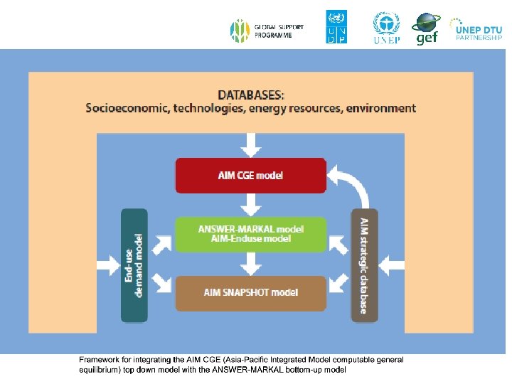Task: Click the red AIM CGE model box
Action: click(x=250, y=175)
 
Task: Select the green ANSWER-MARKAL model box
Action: click(x=250, y=234)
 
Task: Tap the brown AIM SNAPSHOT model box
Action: click(x=250, y=292)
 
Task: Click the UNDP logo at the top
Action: click(x=336, y=27)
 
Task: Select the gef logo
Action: click(x=426, y=28)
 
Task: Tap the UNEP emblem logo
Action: click(x=386, y=27)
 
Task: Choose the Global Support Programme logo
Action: click(x=267, y=31)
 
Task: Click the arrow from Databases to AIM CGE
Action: click(x=250, y=144)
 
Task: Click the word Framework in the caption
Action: click(x=97, y=360)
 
